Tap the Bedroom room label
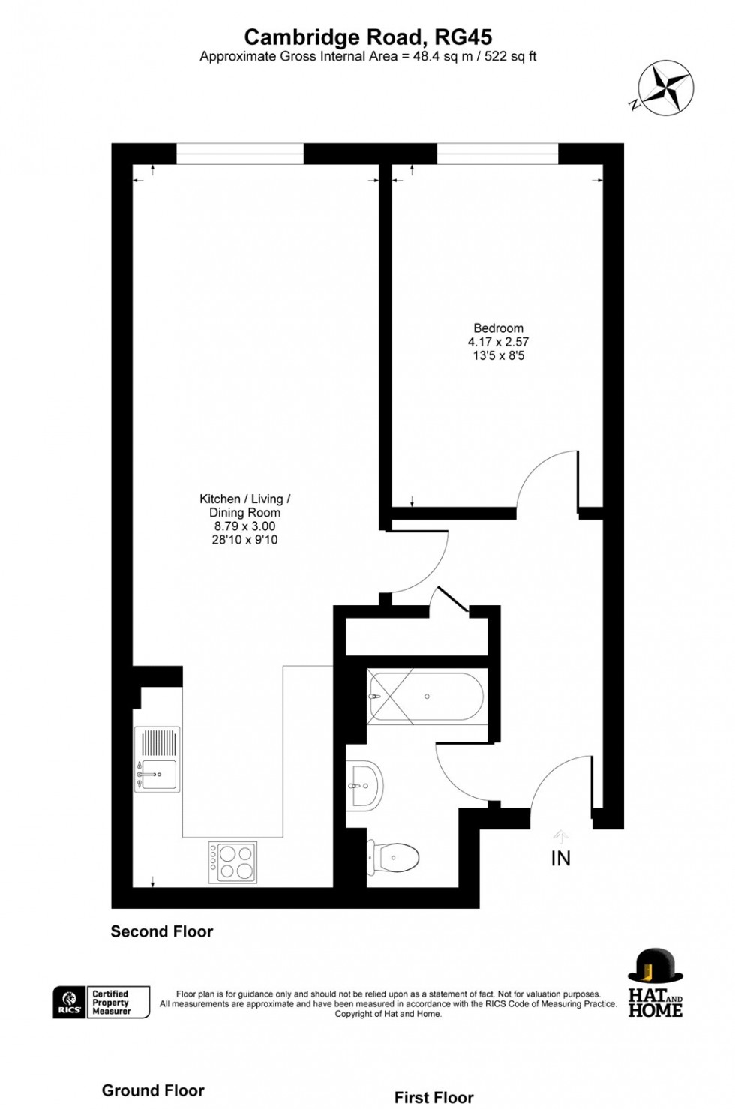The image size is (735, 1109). [498, 328]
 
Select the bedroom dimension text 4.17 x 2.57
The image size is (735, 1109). [498, 342]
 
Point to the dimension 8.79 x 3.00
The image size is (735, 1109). [244, 526]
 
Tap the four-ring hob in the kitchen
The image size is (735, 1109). [232, 862]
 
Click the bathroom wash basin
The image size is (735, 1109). [367, 786]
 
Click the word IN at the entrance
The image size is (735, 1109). [560, 859]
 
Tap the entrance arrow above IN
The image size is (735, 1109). [560, 836]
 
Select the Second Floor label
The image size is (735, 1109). [162, 931]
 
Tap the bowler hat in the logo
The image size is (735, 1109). [654, 967]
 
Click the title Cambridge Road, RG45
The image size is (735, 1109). [367, 37]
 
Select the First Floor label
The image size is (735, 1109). [434, 1098]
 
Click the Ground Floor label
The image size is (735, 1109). [153, 1090]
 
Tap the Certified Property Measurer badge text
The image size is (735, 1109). [110, 1003]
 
